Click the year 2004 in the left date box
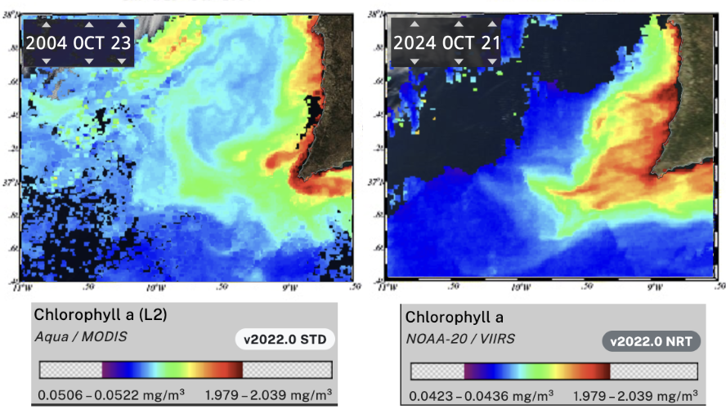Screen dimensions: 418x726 coord(47,43)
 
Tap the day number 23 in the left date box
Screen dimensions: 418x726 coord(120,43)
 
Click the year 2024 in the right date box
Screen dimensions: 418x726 coord(415,43)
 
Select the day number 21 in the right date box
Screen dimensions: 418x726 coord(488,43)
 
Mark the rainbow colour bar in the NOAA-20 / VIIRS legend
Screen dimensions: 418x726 coord(536,371)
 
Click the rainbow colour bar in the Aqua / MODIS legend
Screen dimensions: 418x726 coord(173,370)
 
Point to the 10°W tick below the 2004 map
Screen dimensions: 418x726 coord(155,288)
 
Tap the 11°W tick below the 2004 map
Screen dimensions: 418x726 coord(18,288)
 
